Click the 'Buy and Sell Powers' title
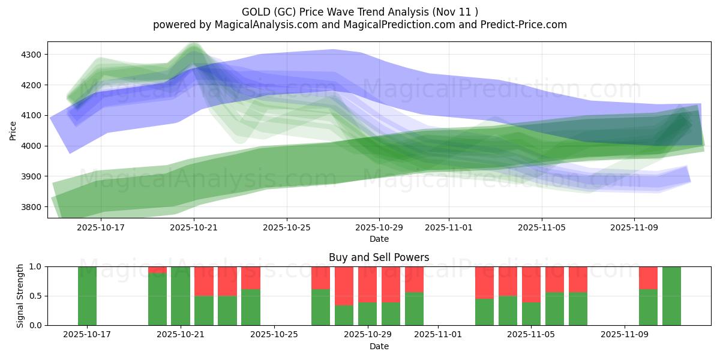[379, 257]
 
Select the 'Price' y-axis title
[13, 130]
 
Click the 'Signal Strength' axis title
[21, 296]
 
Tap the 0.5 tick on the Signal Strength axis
[35, 296]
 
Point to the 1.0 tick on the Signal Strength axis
[35, 266]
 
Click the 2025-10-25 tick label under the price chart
[286, 227]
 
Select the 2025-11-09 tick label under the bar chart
[625, 335]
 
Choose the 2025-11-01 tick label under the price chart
[448, 227]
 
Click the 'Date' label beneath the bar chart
[379, 346]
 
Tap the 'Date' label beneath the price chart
[379, 239]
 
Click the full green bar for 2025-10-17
[87, 296]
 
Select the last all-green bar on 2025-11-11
[671, 296]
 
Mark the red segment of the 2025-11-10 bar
[648, 278]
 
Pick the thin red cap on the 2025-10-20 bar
[157, 270]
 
